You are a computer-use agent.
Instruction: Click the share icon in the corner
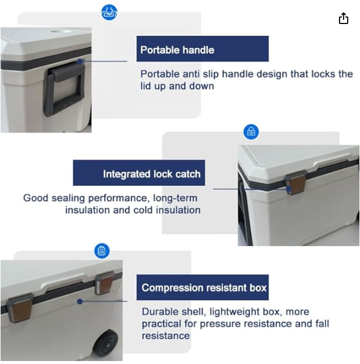point(343,18)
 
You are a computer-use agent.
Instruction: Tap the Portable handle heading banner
point(203,49)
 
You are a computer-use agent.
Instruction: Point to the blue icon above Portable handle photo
point(109,12)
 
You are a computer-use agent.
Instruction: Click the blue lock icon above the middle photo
point(251,132)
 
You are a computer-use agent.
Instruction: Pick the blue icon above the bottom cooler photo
point(102,251)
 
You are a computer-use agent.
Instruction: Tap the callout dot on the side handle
point(80,62)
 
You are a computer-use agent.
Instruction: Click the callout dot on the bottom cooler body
point(80,301)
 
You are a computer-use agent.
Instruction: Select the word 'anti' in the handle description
point(191,74)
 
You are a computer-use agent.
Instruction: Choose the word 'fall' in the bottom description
point(322,324)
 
